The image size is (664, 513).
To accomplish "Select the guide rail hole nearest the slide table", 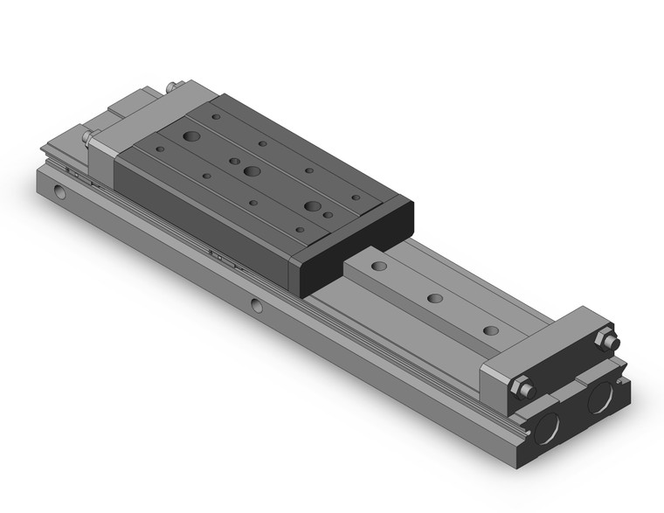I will [378, 265].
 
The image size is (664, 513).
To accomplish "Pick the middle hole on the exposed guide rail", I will [434, 298].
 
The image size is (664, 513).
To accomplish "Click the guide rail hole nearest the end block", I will [491, 330].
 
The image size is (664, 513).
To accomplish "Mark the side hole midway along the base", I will [255, 305].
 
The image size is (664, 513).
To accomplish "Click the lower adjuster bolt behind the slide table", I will [88, 136].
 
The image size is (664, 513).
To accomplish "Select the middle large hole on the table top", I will [252, 171].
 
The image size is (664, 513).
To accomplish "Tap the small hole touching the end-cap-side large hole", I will [328, 213].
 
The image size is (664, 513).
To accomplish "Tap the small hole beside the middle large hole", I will [234, 161].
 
